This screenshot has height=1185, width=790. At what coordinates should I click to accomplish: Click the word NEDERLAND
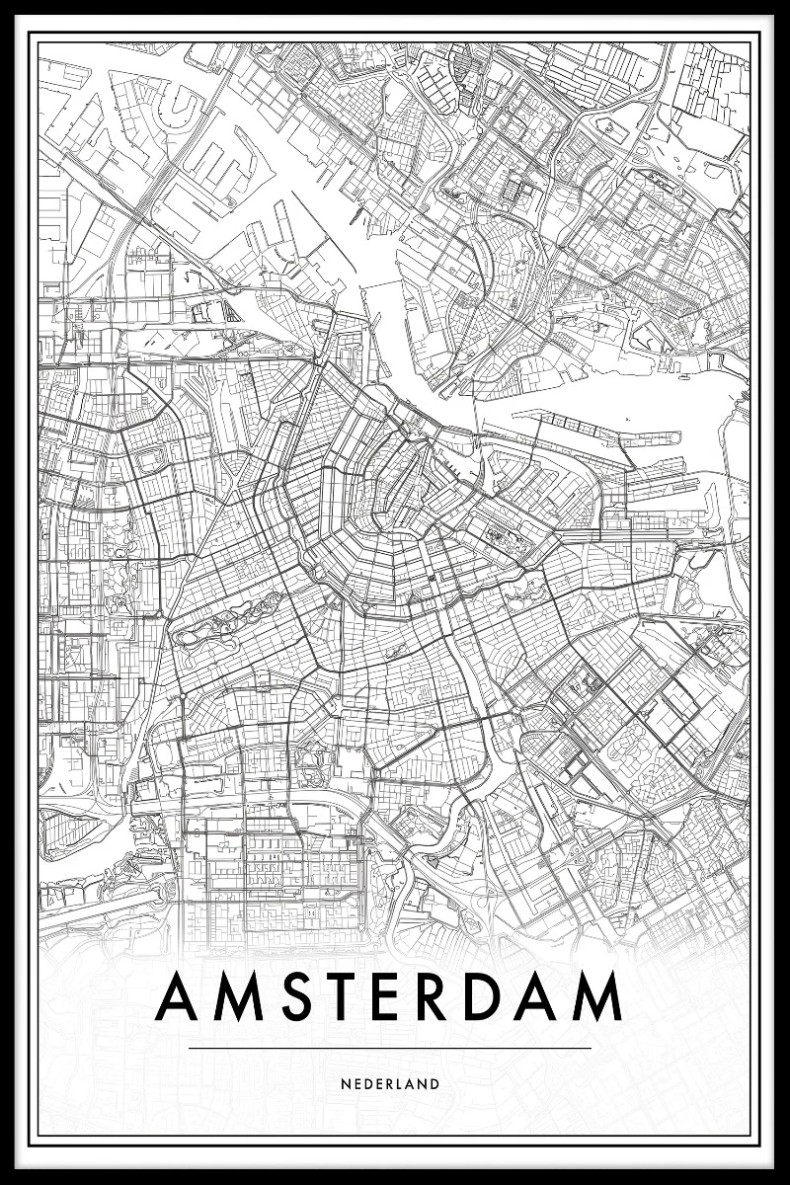(x=390, y=1083)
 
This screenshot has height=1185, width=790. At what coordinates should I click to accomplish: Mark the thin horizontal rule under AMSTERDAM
(x=389, y=1048)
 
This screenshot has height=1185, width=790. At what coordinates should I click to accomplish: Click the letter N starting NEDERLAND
(x=344, y=1083)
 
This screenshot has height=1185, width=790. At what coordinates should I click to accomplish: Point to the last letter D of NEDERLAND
(x=435, y=1083)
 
